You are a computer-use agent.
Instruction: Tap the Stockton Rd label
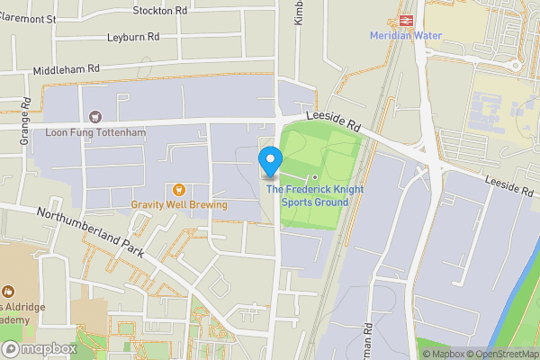tap(159, 11)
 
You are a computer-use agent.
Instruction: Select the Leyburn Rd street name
tap(132, 38)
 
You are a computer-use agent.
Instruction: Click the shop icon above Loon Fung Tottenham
tap(94, 117)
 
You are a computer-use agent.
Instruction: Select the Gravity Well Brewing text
tap(178, 205)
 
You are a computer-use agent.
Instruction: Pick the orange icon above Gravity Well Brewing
tap(178, 189)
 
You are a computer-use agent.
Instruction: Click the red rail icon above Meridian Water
tap(406, 19)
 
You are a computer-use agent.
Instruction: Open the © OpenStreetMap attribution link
tap(501, 354)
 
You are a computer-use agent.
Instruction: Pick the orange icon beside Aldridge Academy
tap(8, 292)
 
